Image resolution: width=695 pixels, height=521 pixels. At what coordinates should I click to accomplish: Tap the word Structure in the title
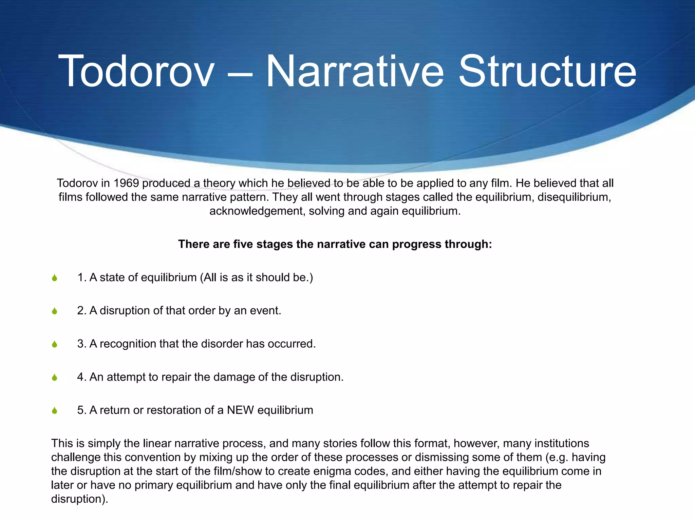[x=547, y=72]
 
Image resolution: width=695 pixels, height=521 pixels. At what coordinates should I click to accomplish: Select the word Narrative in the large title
[x=354, y=72]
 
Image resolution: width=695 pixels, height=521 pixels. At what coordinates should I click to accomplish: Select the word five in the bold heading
[x=243, y=244]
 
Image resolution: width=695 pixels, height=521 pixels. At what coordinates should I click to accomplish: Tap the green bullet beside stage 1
[x=55, y=278]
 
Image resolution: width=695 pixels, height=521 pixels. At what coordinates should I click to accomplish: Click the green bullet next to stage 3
[x=55, y=345]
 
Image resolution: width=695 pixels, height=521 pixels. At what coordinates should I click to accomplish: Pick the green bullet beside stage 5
[x=55, y=411]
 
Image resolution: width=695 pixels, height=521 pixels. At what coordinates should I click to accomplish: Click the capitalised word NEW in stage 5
[x=240, y=410]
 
